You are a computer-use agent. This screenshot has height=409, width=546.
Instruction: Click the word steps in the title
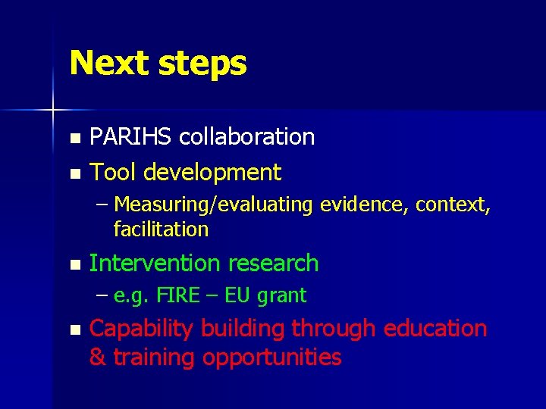pos(202,65)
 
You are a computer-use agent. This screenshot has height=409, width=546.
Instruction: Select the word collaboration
pos(249,137)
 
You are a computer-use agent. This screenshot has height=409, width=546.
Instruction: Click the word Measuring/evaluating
pos(214,205)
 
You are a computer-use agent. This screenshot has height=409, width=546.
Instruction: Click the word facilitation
pos(160,229)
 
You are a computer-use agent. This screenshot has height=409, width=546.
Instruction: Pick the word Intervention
pos(155,264)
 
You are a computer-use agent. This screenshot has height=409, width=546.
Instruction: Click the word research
pos(273,264)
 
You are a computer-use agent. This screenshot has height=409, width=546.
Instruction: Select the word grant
pos(281,296)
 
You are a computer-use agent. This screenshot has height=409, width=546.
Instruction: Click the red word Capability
pos(141,329)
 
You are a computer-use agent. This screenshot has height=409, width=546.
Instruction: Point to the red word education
pos(435,329)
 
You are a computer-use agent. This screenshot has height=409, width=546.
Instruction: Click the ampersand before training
pos(98,357)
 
